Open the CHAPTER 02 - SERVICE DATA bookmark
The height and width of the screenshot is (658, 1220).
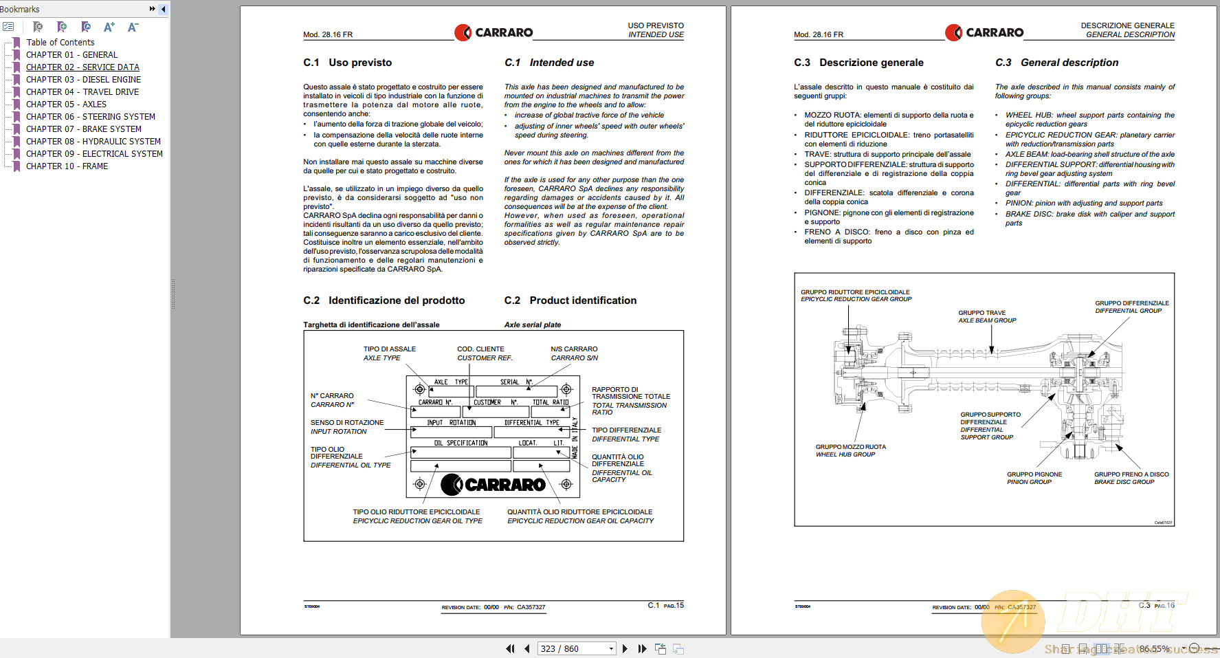[x=82, y=67]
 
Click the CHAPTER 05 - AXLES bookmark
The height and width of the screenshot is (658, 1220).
[x=66, y=105]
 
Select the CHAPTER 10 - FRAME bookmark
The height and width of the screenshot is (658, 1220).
[x=67, y=166]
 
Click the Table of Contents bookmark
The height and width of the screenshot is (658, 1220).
[x=60, y=43]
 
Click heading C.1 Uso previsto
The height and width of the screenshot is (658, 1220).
[x=348, y=63]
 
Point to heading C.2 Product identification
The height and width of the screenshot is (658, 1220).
[x=570, y=300]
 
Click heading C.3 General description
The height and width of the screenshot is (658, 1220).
[x=1057, y=63]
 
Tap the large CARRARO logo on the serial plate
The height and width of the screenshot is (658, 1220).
[x=493, y=485]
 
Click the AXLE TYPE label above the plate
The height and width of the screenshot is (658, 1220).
[x=382, y=358]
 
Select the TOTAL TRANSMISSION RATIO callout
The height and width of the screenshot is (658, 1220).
[x=630, y=405]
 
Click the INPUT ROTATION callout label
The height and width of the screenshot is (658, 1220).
[x=339, y=432]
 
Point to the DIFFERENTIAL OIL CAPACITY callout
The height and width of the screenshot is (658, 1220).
[x=621, y=476]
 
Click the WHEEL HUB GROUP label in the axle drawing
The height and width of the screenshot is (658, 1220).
[x=845, y=454]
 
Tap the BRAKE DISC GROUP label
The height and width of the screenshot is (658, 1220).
[x=1124, y=482]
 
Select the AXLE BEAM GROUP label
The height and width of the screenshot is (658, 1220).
[x=987, y=320]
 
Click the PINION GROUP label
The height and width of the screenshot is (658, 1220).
[x=1030, y=482]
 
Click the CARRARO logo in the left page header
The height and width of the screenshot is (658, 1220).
[x=493, y=32]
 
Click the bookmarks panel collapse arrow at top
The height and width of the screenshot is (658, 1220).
[x=163, y=9]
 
